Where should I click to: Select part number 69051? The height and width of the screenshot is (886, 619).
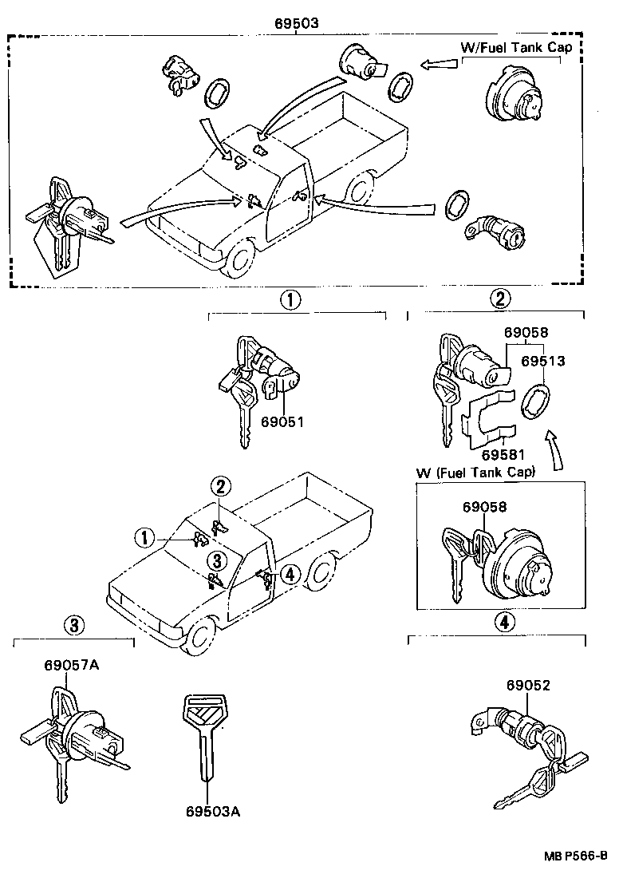click(x=282, y=422)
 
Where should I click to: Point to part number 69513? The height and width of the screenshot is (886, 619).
click(x=543, y=361)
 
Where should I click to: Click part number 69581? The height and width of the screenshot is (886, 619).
click(x=503, y=455)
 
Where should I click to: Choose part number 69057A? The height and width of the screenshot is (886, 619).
click(x=72, y=664)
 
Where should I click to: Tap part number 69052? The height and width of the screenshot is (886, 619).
click(x=527, y=685)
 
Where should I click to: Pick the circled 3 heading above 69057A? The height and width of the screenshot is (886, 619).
click(x=73, y=626)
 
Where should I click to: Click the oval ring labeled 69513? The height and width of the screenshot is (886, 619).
click(x=533, y=399)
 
